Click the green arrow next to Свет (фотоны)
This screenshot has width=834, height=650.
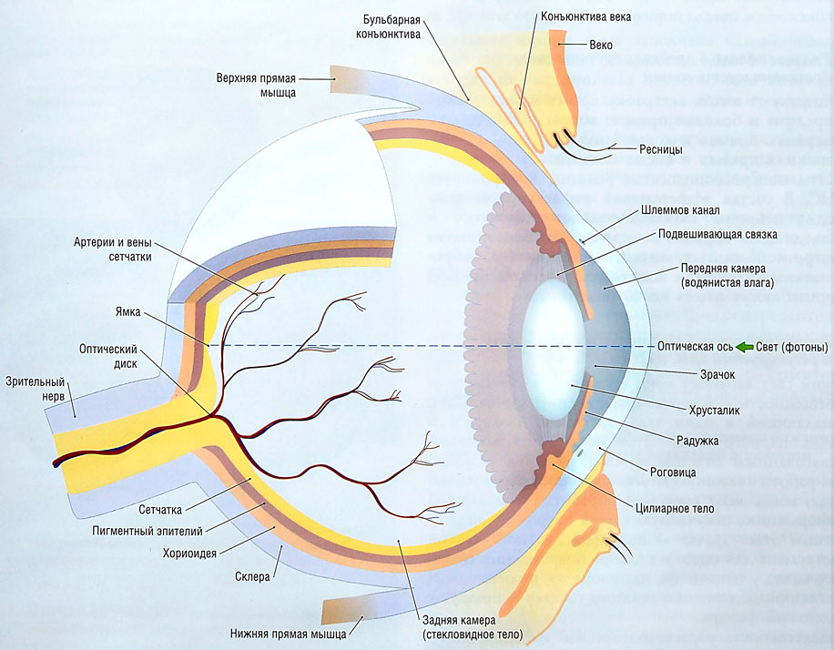click(x=745, y=347)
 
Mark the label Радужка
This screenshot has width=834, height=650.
click(x=699, y=441)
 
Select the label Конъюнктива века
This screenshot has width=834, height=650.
click(x=599, y=16)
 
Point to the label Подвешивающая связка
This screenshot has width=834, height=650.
click(x=717, y=235)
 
